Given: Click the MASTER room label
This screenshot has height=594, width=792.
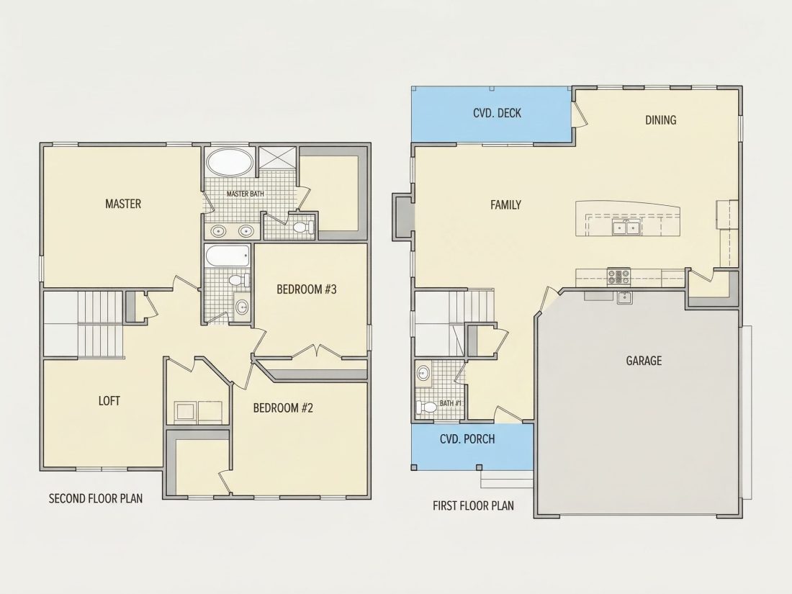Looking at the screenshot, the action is [x=122, y=204].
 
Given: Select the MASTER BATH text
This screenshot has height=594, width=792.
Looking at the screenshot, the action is [x=245, y=194].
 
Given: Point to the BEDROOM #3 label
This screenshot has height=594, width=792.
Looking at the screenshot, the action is [x=307, y=289].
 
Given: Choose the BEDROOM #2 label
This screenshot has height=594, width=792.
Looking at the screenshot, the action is [x=283, y=408].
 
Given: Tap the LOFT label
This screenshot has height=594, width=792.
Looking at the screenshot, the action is [x=109, y=401].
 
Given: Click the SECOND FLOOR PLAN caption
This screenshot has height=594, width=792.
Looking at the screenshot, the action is [x=96, y=498].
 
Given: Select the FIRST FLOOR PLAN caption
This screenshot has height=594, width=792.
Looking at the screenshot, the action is [x=473, y=505].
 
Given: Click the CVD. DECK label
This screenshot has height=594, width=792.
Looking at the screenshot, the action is [x=497, y=113].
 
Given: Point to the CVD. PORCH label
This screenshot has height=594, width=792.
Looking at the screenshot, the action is [x=467, y=439].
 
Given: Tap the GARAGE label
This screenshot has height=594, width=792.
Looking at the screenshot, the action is [x=644, y=361].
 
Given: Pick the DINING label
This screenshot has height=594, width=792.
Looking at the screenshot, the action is [x=661, y=120].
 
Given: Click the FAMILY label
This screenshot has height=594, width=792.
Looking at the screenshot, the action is [x=505, y=204].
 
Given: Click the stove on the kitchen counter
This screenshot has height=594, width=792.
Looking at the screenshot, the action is [x=618, y=276].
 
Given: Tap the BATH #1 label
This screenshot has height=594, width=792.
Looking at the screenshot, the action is [x=451, y=403].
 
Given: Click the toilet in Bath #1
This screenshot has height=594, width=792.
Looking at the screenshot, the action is [x=426, y=407].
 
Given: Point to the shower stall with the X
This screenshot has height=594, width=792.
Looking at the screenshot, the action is [x=277, y=158].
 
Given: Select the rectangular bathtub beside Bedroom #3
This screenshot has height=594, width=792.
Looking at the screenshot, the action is [x=228, y=256].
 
